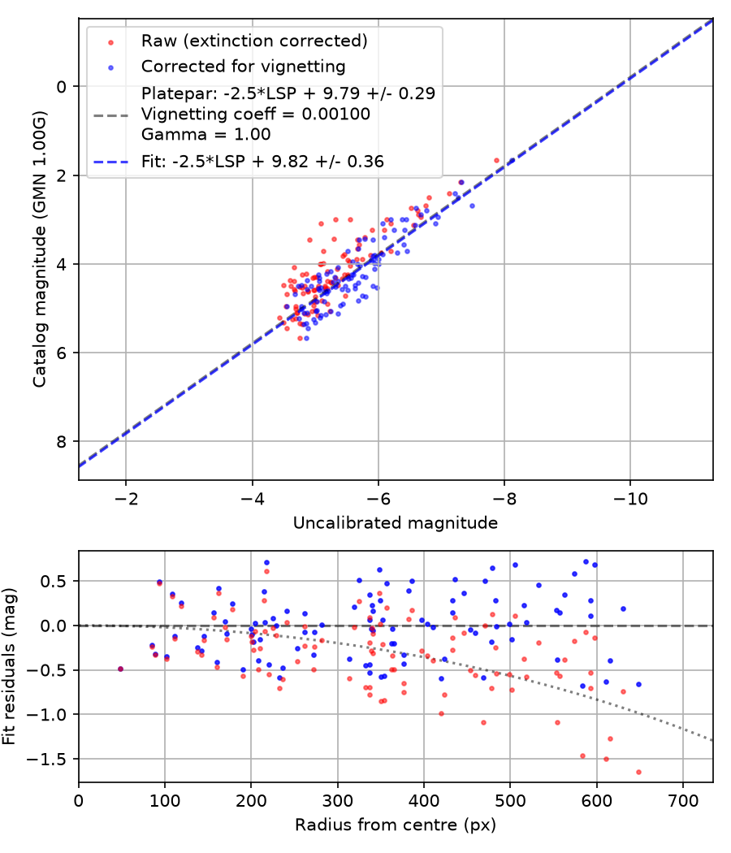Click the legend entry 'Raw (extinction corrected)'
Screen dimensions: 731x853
point(254,41)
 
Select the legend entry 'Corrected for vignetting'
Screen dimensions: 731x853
point(243,67)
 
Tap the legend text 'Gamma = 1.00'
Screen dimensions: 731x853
point(205,134)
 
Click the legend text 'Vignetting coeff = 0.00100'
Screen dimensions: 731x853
point(256,115)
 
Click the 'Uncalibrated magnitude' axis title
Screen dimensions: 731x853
point(396,523)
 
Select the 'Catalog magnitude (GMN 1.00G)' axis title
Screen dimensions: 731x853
point(39,249)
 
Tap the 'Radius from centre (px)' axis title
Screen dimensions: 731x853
point(396,825)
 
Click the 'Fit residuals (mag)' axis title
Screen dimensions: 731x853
point(9,666)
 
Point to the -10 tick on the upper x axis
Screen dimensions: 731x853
point(630,498)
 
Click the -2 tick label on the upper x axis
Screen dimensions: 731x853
point(126,498)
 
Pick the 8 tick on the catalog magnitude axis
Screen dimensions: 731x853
point(62,442)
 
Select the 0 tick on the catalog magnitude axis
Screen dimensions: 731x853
point(62,87)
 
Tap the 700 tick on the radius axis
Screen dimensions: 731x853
point(683,801)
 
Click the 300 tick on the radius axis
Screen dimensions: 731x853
point(338,801)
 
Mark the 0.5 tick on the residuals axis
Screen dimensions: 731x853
point(54,582)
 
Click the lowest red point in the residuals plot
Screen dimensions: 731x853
point(638,772)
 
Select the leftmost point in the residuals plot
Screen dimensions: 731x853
point(121,669)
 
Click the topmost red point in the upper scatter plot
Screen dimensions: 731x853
point(496,161)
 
